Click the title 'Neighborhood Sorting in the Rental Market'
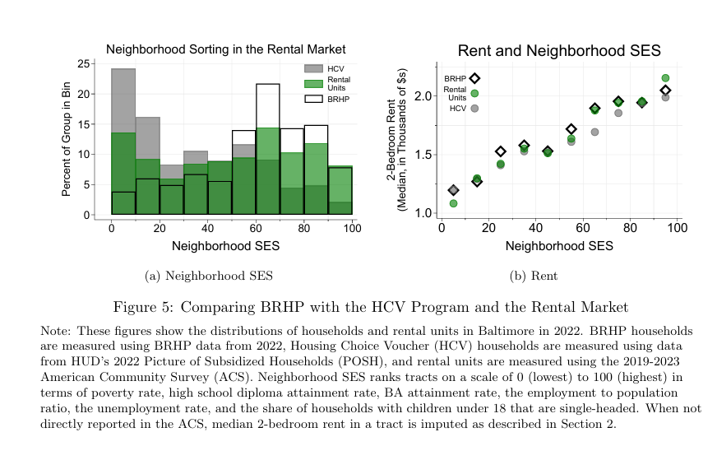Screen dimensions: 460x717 [225, 49]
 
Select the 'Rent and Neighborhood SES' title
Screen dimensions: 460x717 [559, 51]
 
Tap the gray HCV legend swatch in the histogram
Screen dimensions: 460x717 [313, 68]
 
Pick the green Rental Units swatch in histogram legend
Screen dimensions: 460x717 [313, 84]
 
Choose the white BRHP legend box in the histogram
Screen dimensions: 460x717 [313, 99]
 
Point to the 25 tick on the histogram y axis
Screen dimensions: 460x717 [86, 63]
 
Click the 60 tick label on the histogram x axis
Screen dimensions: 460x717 [256, 228]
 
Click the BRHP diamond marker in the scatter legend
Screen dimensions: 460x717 [474, 78]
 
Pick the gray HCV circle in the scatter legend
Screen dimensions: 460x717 [474, 108]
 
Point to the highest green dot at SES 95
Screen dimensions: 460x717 [665, 78]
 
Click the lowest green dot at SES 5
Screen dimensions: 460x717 [453, 203]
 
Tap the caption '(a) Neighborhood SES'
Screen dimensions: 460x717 [209, 276]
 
